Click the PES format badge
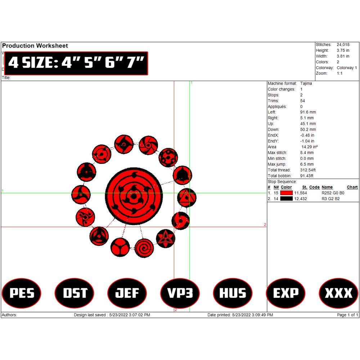click(x=21, y=293)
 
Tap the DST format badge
click(x=75, y=293)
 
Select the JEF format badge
click(x=127, y=293)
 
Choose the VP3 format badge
click(x=180, y=293)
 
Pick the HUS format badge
click(x=233, y=293)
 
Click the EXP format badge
click(x=285, y=293)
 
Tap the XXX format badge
click(x=338, y=293)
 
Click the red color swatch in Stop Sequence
click(x=286, y=193)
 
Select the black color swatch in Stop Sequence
click(x=286, y=199)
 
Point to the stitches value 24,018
click(x=343, y=45)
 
